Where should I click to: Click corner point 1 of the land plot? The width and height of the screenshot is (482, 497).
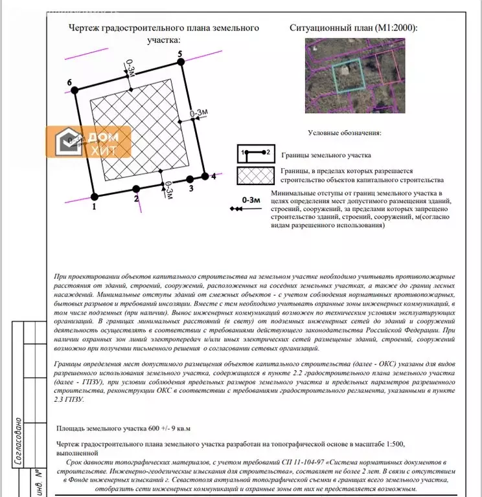pyautogui.click(x=95, y=195)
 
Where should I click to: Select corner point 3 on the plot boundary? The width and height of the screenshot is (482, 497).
pyautogui.click(x=190, y=179)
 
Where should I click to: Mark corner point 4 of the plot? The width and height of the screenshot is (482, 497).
pyautogui.click(x=205, y=176)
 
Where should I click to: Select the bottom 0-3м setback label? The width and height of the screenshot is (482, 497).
pyautogui.click(x=168, y=192)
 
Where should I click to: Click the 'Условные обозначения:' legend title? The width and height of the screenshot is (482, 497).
pyautogui.click(x=344, y=133)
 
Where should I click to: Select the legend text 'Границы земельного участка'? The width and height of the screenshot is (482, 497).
pyautogui.click(x=326, y=156)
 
